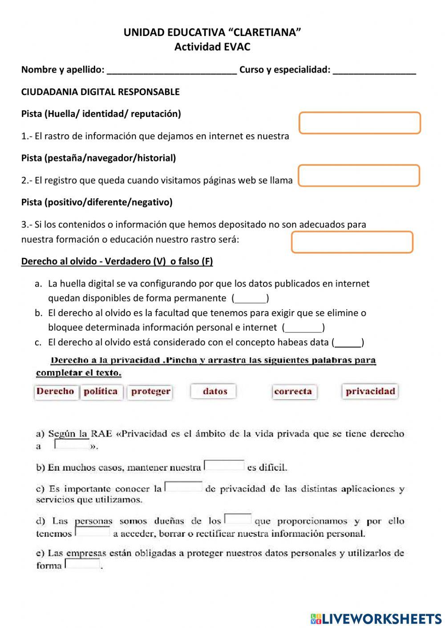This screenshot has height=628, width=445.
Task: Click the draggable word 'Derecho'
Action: pos(56,392)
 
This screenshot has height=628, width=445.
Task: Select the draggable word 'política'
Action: pos(101,392)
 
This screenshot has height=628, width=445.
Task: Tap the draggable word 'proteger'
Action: pos(150,392)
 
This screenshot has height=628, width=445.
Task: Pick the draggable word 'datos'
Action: pos(214,392)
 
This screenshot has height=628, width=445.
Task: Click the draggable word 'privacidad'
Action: pos(370,392)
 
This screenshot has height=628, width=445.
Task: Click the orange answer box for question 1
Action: pos(360,123)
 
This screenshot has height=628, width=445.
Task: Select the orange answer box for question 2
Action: pos(359,176)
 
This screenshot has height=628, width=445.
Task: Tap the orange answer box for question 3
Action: pos(352,242)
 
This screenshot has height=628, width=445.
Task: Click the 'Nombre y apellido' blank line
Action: pos(172,71)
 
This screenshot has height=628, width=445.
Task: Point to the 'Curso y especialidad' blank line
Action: pos(374,71)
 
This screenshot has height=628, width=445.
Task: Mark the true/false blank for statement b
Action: pos(303,328)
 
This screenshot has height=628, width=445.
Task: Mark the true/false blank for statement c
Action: pos(348,343)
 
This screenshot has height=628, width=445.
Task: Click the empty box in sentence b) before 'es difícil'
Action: pos(224,465)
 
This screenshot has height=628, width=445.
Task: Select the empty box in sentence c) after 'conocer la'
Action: pos(183,487)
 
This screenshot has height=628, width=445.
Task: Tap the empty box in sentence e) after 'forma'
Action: pos(82,564)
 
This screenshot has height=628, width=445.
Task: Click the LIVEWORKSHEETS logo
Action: pos(376,618)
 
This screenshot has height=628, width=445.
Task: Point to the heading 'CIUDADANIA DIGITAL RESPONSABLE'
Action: pos(101,92)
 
